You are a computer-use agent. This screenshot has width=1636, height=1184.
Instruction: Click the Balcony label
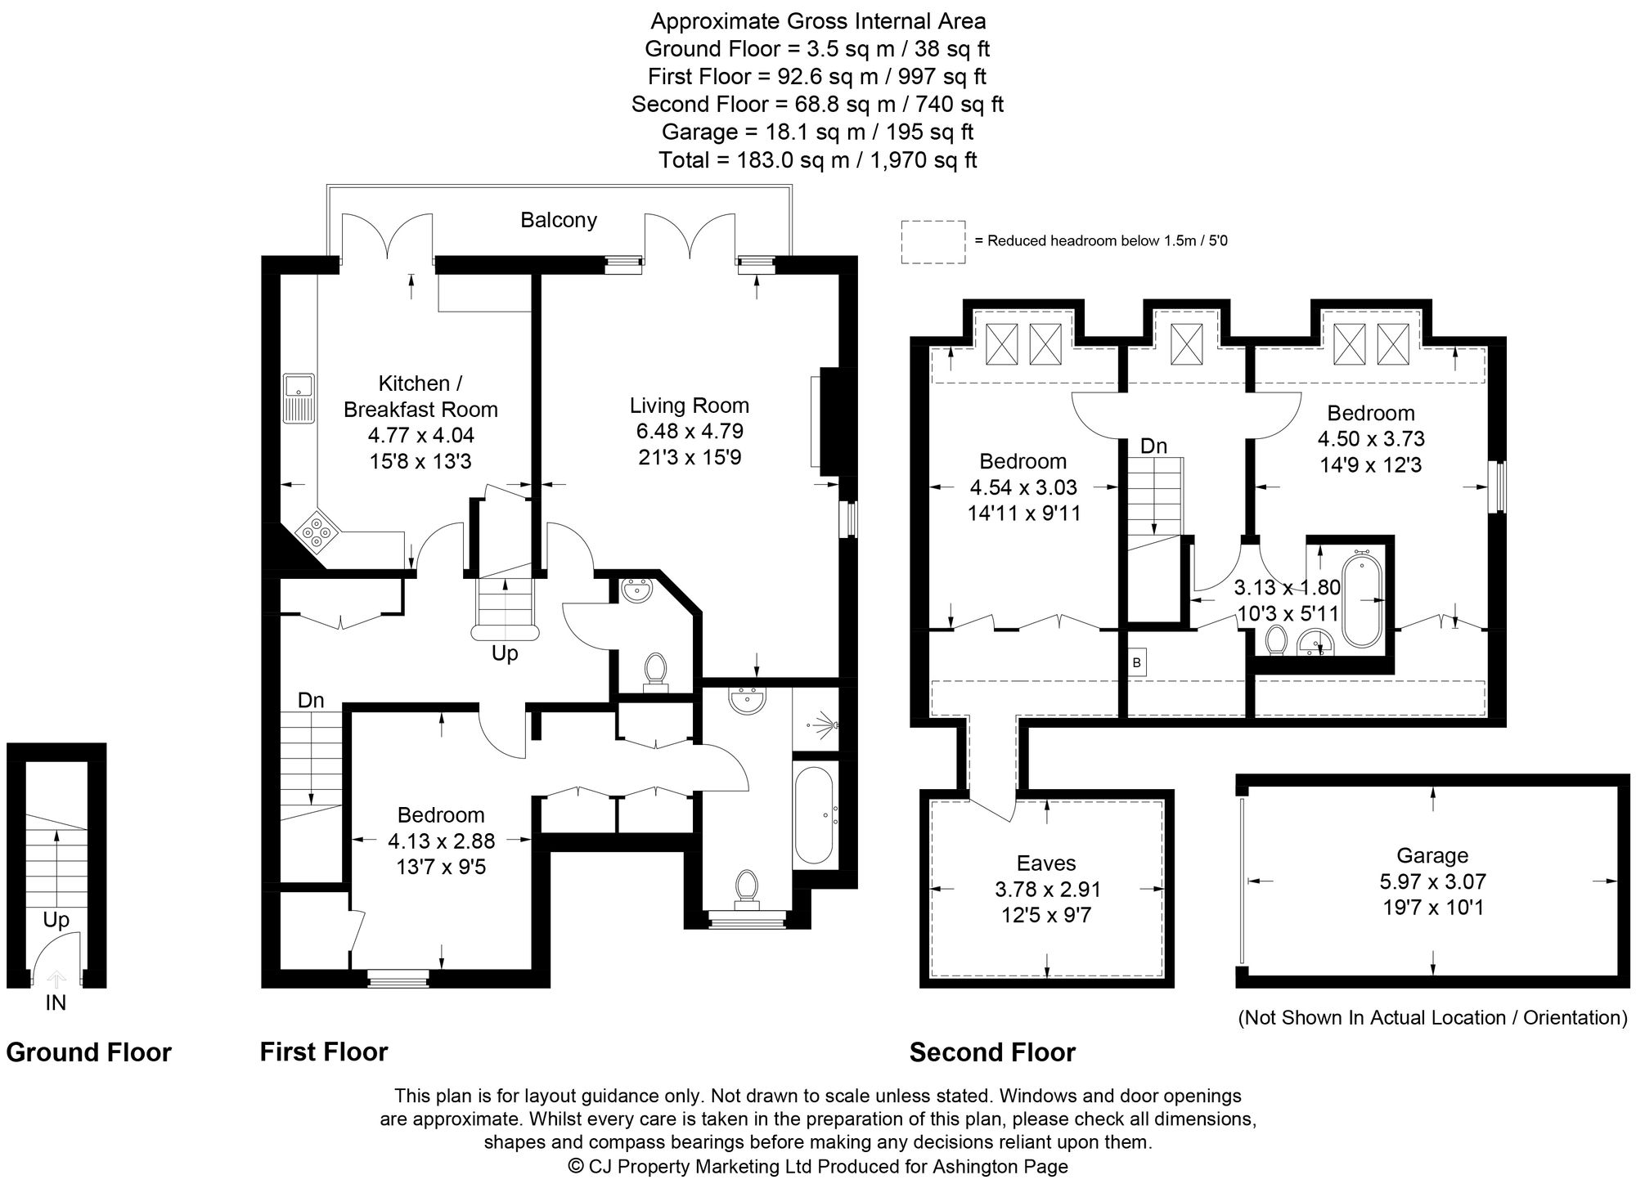coord(559,220)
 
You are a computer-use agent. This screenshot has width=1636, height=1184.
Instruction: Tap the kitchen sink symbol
coord(299,398)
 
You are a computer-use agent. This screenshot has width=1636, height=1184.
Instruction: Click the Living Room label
coord(689,406)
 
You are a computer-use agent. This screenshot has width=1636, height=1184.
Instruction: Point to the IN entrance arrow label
coord(56,1002)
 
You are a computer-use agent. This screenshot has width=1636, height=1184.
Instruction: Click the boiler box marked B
coord(1136,662)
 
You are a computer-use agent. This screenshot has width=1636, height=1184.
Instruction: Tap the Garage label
coord(1432,855)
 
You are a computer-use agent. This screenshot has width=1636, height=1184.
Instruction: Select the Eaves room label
coord(1046,863)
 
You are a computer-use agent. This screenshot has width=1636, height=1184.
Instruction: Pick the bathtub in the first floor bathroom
coord(814,814)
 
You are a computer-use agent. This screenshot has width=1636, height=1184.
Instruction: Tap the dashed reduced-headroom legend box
coord(933,242)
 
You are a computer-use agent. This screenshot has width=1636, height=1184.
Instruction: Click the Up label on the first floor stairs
coord(505,653)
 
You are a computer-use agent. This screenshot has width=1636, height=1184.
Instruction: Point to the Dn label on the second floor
coord(1153,446)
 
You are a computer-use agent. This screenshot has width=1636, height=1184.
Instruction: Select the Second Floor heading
coord(992,1052)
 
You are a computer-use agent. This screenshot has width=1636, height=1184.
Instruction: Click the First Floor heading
coord(324,1052)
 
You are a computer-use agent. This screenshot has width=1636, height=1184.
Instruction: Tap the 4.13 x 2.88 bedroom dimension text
coord(441,841)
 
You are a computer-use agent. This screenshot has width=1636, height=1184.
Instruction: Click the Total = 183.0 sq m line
coord(818,159)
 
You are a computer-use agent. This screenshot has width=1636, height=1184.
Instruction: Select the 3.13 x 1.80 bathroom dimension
coord(1287,587)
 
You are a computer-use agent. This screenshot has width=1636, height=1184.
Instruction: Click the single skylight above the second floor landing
coord(1184,344)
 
